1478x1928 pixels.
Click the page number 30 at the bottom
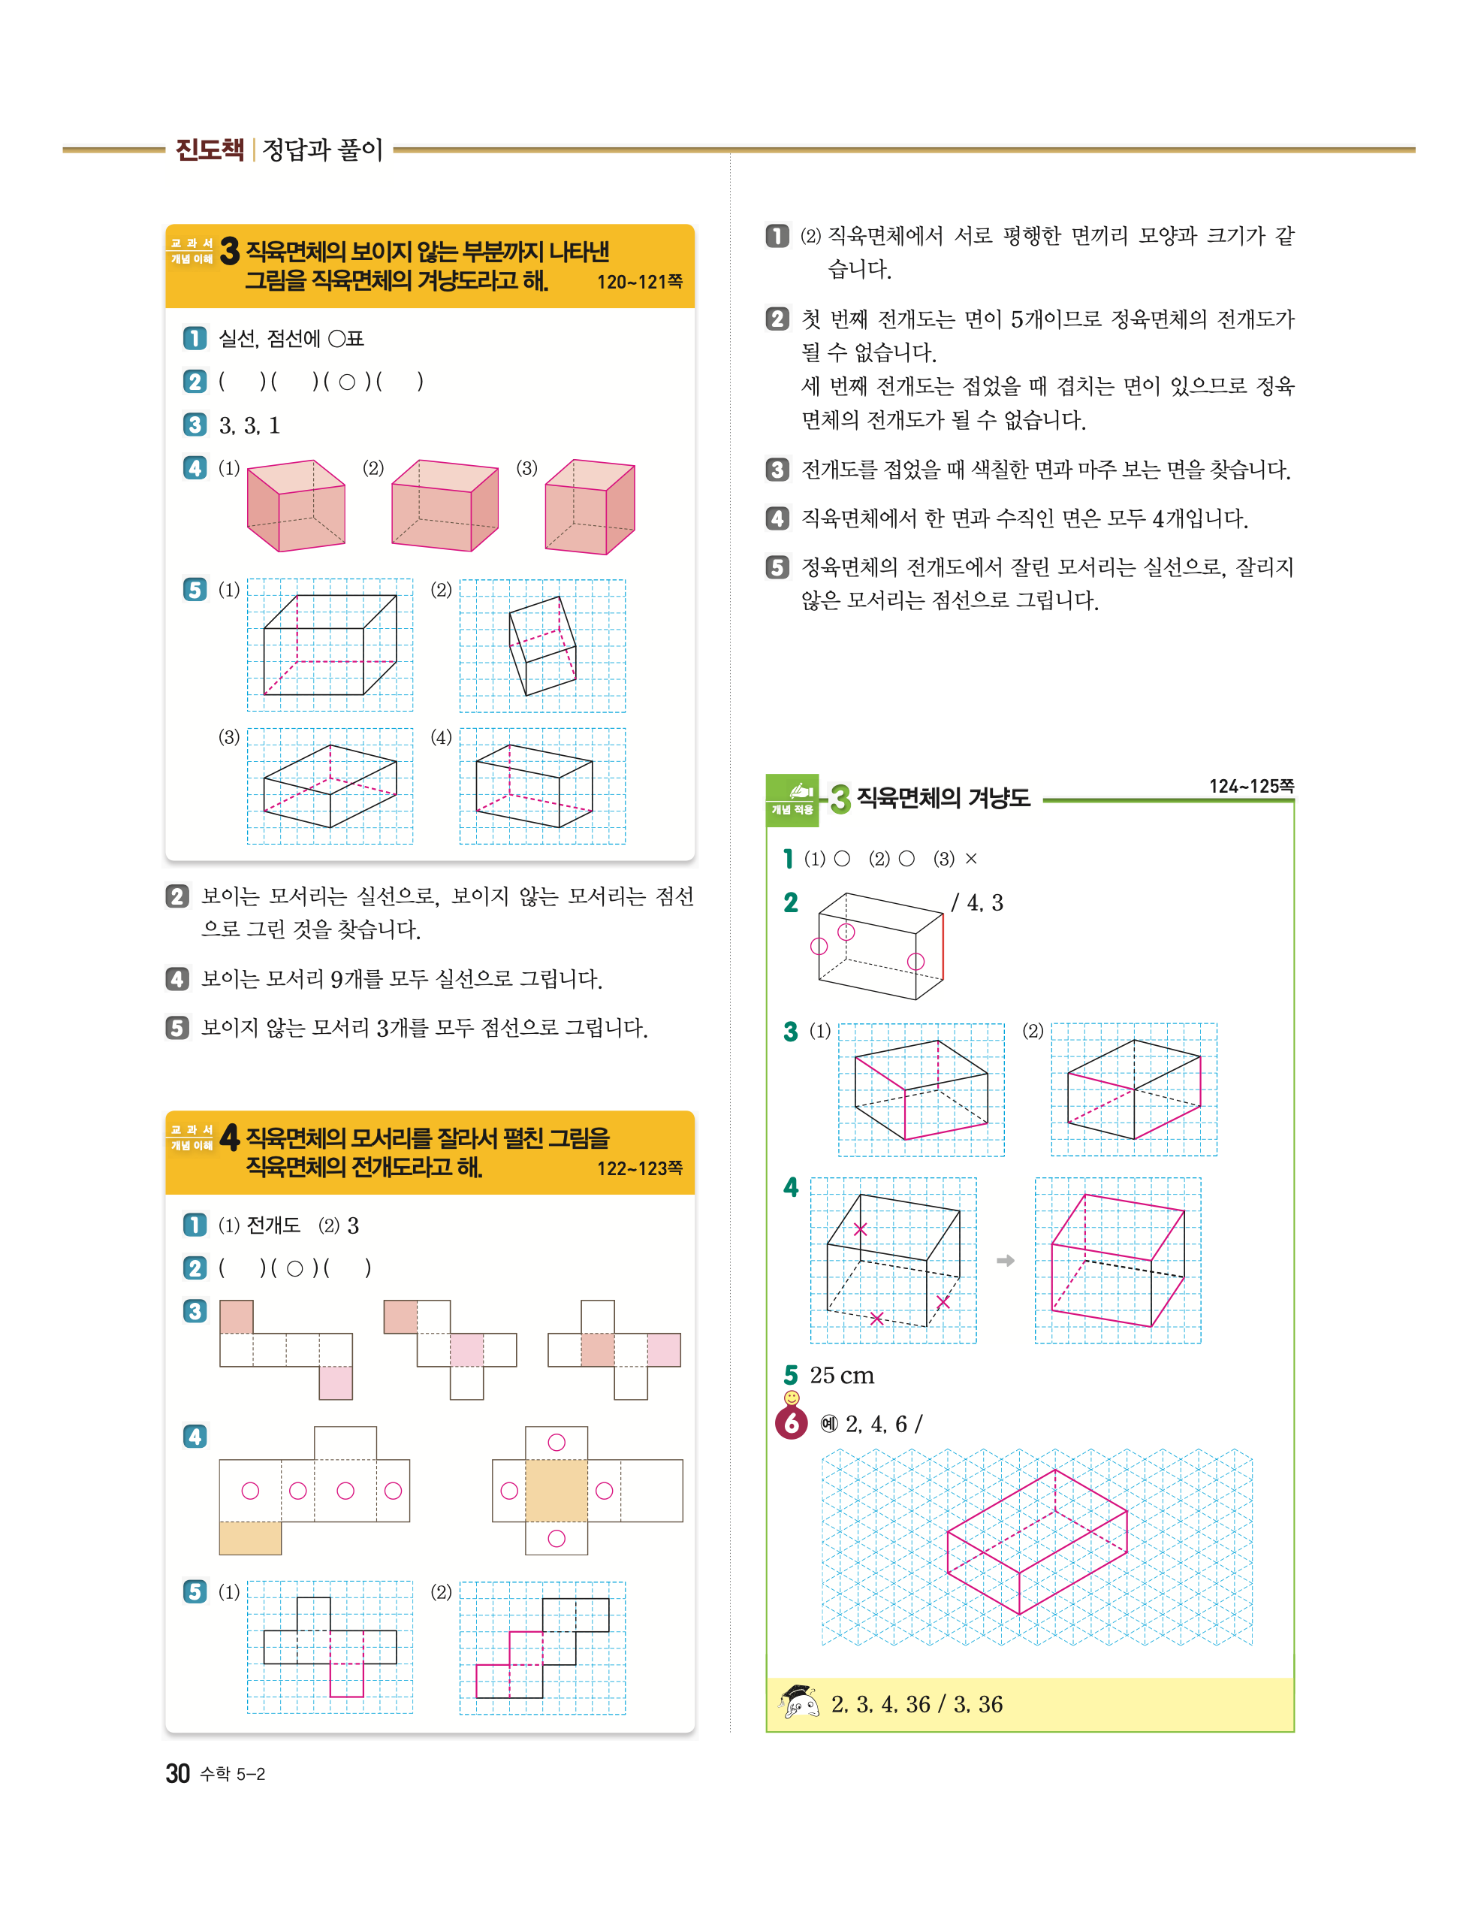178,1773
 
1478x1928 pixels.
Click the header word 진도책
210,150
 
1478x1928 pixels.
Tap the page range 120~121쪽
640,282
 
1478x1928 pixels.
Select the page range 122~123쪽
640,1168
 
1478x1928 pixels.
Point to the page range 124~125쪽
1251,786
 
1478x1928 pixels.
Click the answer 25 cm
842,1376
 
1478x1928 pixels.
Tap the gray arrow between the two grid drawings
1006,1260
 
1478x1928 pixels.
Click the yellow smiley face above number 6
792,1398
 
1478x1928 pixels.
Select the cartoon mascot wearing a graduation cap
798,1703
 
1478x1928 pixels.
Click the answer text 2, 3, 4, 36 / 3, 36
917,1705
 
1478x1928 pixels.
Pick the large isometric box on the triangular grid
1037,1541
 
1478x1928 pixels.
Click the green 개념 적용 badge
792,800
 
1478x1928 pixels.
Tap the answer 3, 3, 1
249,426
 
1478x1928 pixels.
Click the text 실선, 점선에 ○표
291,339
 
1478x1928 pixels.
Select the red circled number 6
792,1423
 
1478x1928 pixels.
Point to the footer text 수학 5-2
232,1774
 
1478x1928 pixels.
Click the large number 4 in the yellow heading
230,1137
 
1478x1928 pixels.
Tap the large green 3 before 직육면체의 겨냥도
841,799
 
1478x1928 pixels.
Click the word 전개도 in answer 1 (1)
273,1225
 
